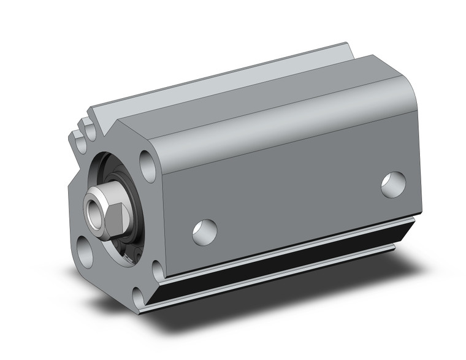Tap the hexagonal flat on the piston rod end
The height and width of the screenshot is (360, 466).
[x=115, y=212]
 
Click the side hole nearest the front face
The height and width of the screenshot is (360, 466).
[x=204, y=231]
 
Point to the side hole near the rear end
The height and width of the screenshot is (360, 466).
[x=392, y=185]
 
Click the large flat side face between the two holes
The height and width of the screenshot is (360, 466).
[x=294, y=184]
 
